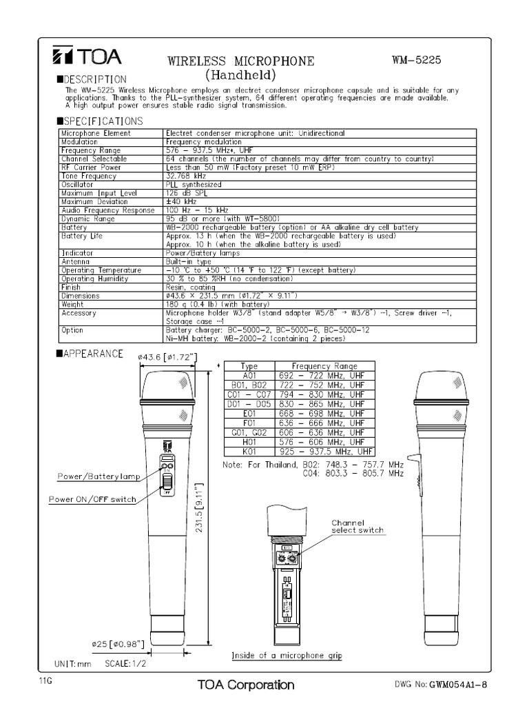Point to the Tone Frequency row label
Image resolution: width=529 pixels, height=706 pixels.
click(x=90, y=176)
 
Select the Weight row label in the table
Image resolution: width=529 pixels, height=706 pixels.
click(x=72, y=304)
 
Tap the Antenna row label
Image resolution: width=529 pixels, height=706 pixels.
click(x=75, y=262)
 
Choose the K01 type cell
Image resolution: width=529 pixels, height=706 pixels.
click(x=249, y=450)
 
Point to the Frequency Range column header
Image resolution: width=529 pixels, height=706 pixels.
click(x=324, y=366)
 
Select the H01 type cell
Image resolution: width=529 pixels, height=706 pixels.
click(x=249, y=441)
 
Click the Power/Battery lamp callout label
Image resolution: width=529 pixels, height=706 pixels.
click(x=99, y=476)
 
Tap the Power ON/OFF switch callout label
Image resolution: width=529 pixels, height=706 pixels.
click(x=92, y=499)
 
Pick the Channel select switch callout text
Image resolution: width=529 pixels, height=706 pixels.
click(x=357, y=527)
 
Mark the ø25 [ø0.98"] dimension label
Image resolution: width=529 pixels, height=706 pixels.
click(x=116, y=644)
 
